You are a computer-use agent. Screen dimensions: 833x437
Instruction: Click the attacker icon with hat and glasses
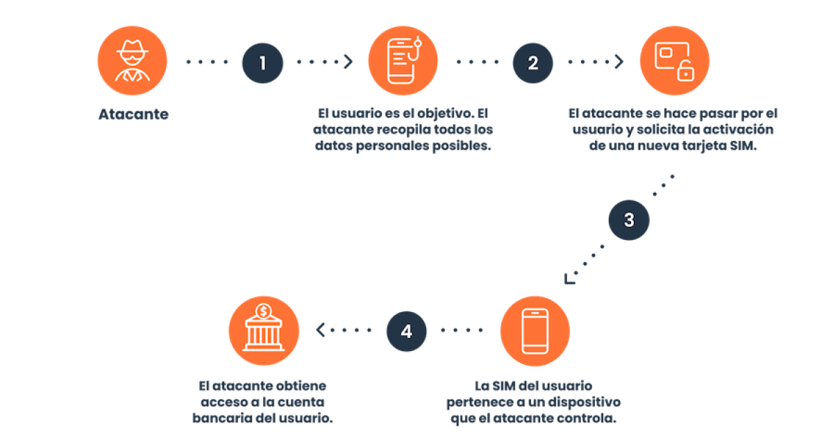pos(132,60)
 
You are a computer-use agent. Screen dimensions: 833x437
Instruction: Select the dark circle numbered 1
pos(262,63)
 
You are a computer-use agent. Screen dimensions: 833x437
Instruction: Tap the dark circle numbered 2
pos(533,63)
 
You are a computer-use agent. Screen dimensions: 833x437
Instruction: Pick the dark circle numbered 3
pos(629,220)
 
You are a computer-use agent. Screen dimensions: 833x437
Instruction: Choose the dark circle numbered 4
pos(407,331)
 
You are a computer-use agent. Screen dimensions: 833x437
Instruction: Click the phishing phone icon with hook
pos(403,60)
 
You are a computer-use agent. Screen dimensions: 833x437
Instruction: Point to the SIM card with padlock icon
pos(674,60)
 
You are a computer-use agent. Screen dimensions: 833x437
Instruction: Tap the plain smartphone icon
pos(535,331)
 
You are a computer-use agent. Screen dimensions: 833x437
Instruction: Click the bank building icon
pos(264,331)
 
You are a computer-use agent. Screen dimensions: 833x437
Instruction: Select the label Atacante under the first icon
pos(133,114)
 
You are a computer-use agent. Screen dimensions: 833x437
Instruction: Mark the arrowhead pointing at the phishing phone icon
pos(348,62)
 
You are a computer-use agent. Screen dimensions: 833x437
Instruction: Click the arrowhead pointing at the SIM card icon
pos(619,62)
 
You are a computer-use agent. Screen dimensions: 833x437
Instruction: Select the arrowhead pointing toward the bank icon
pos(320,329)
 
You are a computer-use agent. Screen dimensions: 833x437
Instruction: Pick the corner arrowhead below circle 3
pos(569,280)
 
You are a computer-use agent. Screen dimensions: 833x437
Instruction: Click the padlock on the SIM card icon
pos(685,71)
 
